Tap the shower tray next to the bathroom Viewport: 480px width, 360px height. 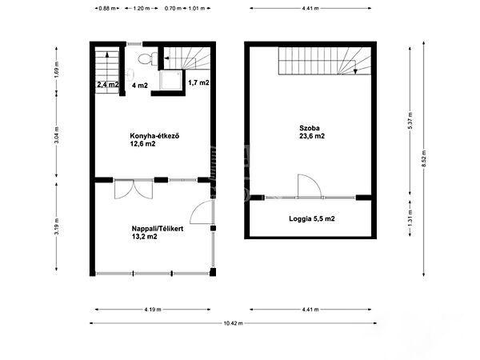tap(171, 80)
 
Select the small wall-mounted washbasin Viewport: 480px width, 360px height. tap(130, 74)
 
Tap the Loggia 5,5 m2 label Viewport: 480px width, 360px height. tap(312, 218)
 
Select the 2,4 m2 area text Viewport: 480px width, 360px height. tap(108, 85)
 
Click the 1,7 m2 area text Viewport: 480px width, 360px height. tap(198, 82)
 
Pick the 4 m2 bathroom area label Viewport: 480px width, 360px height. tap(140, 86)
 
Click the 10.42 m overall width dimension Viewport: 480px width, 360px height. tap(234, 323)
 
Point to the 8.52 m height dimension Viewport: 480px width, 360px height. tap(424, 158)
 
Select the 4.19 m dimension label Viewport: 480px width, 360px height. tap(153, 310)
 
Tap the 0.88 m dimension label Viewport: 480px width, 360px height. tap(107, 8)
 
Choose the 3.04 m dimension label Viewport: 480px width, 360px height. tap(56, 134)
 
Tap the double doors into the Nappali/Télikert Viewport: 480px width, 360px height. tap(134, 189)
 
